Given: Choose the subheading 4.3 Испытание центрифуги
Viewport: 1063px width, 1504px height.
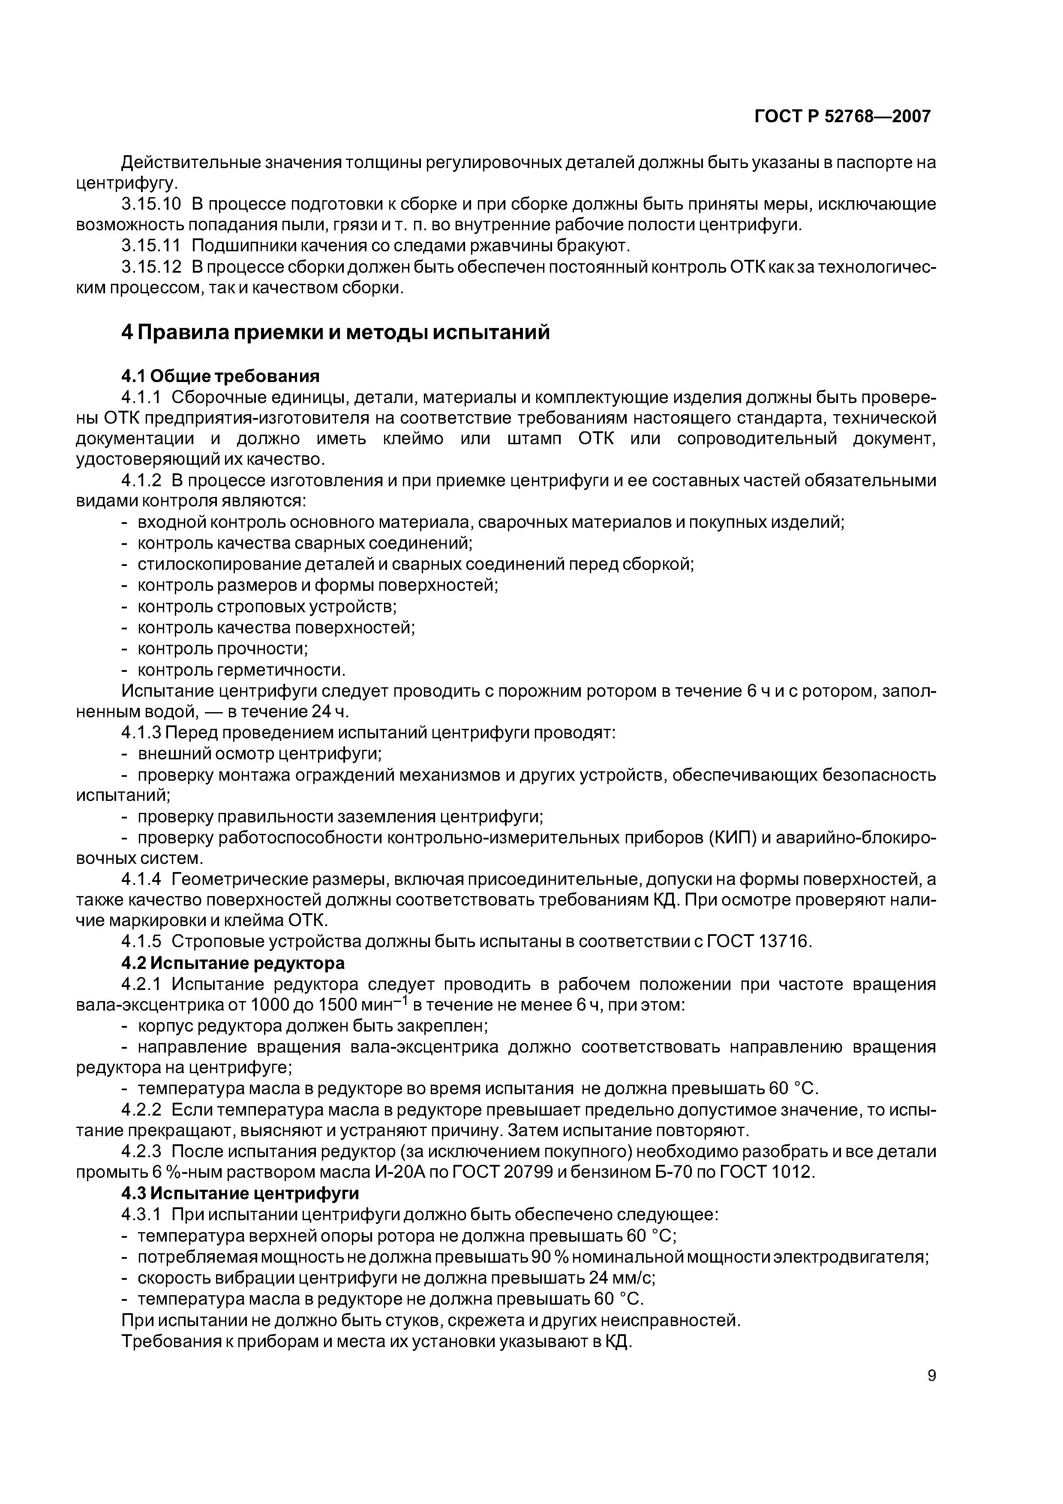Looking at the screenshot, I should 240,1194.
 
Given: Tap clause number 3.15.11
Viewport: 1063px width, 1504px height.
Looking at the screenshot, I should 150,246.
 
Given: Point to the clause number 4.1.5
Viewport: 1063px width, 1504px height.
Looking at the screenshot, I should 141,942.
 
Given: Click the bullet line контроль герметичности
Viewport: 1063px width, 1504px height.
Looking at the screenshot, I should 240,670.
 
